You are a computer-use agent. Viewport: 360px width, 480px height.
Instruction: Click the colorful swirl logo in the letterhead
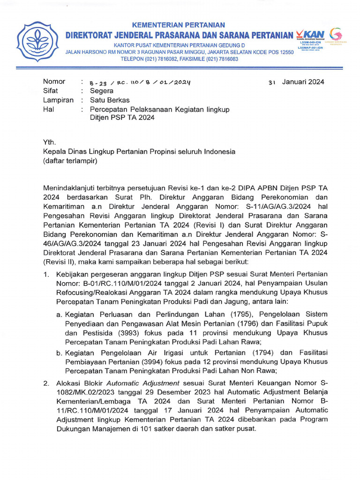[x=336, y=34]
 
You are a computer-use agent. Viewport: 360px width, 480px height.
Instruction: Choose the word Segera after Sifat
[x=101, y=91]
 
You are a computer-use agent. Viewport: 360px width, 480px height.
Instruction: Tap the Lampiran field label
[x=58, y=100]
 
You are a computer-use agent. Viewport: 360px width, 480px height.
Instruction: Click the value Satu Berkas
[x=110, y=100]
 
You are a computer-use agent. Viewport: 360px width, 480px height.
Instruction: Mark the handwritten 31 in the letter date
[x=272, y=82]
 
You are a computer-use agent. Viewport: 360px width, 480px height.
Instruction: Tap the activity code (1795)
[x=217, y=314]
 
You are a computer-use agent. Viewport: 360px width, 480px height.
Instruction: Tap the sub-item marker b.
[x=60, y=352]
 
